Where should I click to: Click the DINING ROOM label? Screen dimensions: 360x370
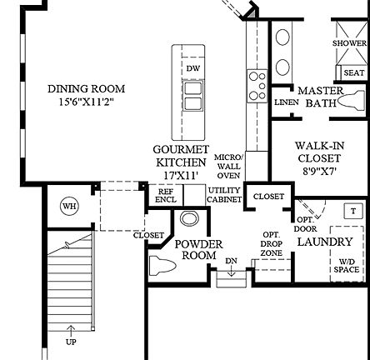click(86, 88)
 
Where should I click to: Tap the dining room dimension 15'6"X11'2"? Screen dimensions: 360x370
click(86, 102)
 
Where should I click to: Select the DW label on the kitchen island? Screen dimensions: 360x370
click(193, 68)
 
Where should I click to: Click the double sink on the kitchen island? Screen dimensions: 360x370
click(193, 96)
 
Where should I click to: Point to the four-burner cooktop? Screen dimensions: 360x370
click(257, 84)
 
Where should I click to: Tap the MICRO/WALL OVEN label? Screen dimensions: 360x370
click(228, 166)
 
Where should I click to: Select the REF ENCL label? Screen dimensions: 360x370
click(166, 196)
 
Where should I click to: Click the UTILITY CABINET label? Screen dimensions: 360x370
click(224, 195)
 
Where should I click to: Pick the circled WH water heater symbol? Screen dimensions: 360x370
click(69, 207)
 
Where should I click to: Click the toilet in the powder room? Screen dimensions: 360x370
click(162, 267)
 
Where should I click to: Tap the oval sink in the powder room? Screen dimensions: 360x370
click(190, 219)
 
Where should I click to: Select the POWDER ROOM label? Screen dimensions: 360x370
click(198, 250)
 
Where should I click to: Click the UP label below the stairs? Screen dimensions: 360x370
click(71, 342)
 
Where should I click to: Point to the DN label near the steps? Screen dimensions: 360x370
click(231, 261)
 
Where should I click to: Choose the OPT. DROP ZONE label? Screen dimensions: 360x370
click(271, 243)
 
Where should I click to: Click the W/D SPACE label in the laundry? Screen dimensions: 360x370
click(346, 265)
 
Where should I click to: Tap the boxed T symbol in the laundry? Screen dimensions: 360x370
click(353, 212)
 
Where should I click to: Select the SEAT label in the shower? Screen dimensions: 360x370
click(353, 73)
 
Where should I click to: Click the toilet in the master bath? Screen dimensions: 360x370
click(351, 102)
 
